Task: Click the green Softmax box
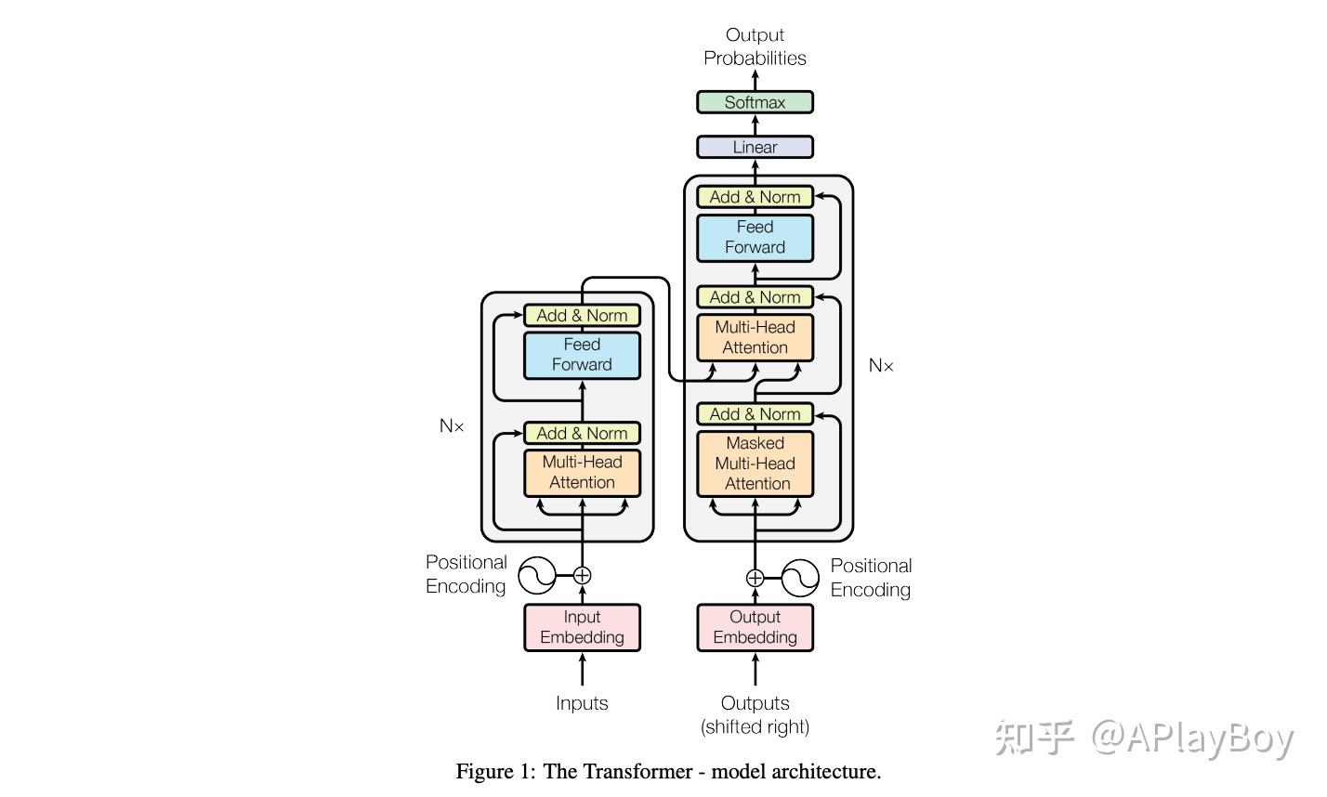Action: click(x=755, y=102)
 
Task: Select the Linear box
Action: click(x=755, y=147)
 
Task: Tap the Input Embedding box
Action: click(x=582, y=627)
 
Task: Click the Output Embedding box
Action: click(x=755, y=627)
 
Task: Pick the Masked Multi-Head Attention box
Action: click(x=755, y=463)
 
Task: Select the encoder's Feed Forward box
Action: click(x=582, y=354)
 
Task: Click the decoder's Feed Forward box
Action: click(x=755, y=237)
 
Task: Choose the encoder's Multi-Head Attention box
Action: click(x=582, y=472)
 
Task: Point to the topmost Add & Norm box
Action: click(x=755, y=197)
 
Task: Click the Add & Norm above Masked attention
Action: click(x=755, y=414)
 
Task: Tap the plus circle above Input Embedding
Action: click(x=582, y=576)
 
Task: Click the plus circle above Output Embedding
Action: click(x=755, y=579)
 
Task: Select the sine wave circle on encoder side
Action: click(x=536, y=576)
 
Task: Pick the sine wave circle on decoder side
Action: click(x=800, y=579)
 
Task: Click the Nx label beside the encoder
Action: click(x=452, y=426)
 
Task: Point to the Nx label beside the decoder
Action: click(x=881, y=366)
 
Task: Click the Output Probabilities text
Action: click(x=755, y=46)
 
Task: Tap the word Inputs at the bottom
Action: click(x=582, y=703)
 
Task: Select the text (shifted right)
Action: click(x=755, y=727)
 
